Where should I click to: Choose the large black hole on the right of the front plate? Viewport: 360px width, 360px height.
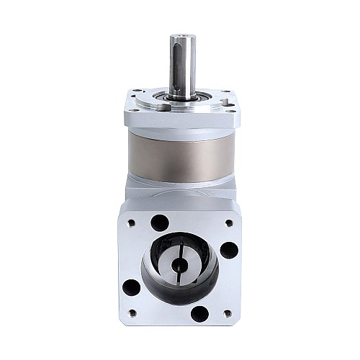pos(228,250)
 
